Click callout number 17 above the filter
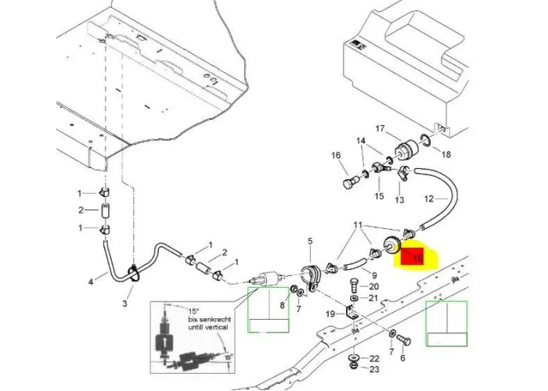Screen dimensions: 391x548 (380, 129)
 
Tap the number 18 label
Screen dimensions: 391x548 (447, 155)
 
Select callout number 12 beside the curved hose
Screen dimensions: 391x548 (428, 199)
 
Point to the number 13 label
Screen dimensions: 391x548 (399, 200)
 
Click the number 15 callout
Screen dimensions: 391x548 (379, 196)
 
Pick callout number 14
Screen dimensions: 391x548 (361, 142)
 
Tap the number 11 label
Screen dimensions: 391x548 (358, 224)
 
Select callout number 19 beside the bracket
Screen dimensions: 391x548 (330, 314)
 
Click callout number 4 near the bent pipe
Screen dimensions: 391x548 (91, 282)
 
